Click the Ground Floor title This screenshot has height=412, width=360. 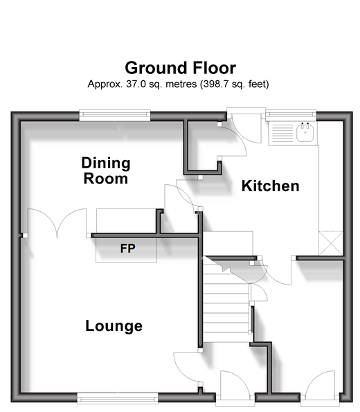[180, 68]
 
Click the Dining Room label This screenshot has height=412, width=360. [106, 171]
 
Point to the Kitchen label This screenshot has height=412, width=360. [271, 186]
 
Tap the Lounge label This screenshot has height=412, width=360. [114, 327]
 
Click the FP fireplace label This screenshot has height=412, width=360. [127, 249]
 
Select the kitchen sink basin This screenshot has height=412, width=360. [305, 133]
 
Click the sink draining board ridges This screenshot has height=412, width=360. [282, 133]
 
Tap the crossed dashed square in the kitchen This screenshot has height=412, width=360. [331, 243]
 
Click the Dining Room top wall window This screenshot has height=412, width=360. [115, 115]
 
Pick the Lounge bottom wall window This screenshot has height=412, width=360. [118, 398]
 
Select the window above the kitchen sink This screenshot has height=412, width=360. [291, 115]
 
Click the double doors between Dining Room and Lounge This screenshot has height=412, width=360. [57, 223]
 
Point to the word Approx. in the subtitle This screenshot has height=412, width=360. [105, 84]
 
